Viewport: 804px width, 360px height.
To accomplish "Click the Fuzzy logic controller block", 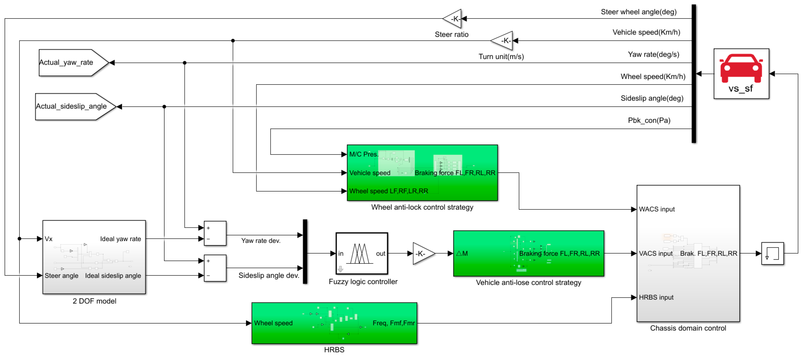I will point(362,253).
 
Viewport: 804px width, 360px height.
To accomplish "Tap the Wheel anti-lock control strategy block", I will point(422,172).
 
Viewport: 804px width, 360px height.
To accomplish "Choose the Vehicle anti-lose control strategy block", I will point(528,253).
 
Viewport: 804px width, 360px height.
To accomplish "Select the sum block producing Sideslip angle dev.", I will point(215,268).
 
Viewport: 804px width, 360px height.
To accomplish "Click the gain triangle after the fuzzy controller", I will point(422,253).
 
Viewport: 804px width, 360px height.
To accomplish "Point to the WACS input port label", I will point(656,209).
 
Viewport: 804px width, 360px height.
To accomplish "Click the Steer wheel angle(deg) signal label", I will point(638,12).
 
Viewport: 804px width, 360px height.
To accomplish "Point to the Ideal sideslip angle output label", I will point(113,276).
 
